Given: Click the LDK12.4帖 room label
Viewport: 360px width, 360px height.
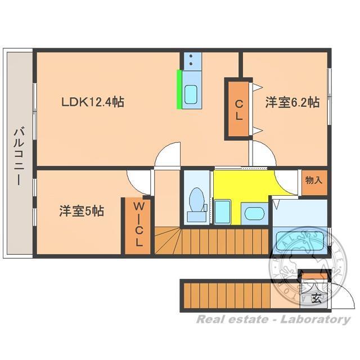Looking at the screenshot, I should coord(93,102).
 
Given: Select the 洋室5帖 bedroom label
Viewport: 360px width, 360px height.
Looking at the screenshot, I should coord(82,211).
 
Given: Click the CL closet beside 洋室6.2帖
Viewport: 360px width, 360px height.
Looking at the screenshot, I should coord(238,109).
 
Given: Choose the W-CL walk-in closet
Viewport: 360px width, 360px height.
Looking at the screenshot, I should coord(138,225).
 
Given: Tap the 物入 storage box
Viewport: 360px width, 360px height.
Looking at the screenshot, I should coord(314,181).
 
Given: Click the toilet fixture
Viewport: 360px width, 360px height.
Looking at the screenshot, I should coord(196,203).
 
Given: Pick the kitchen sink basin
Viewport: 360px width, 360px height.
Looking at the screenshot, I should coord(191,94).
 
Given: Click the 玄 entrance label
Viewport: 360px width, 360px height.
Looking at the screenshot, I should coord(316,299).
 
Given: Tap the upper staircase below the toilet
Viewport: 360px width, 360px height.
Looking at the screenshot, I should coord(169,240).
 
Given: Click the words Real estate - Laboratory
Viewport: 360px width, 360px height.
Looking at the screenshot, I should coord(273,319).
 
